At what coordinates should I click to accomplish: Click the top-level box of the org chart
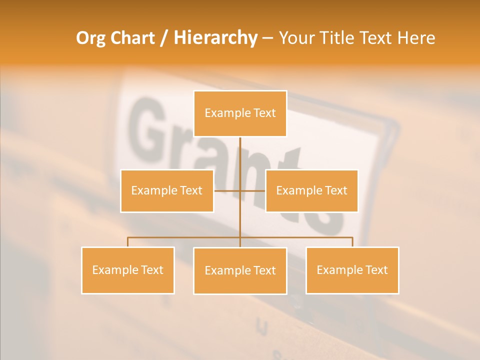point(240,113)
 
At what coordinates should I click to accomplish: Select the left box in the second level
point(167,190)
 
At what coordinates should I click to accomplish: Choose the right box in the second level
point(311,190)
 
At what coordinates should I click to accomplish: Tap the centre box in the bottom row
point(240,270)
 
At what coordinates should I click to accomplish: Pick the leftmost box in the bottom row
point(127,270)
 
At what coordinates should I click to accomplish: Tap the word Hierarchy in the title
point(215,38)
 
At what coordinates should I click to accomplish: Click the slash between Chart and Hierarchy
point(164,38)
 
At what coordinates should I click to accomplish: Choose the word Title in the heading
point(338,38)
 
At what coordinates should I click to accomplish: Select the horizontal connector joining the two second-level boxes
point(227,190)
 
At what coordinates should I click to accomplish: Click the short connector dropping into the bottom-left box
point(127,242)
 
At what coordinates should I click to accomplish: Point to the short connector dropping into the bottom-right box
point(352,242)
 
